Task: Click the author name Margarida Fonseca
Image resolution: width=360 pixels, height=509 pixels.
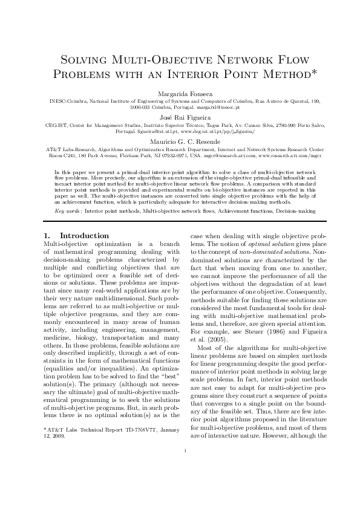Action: click(x=180, y=94)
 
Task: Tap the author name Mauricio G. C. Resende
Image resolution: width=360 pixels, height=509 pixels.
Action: click(x=180, y=140)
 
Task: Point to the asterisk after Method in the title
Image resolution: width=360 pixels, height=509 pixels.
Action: click(x=297, y=73)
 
